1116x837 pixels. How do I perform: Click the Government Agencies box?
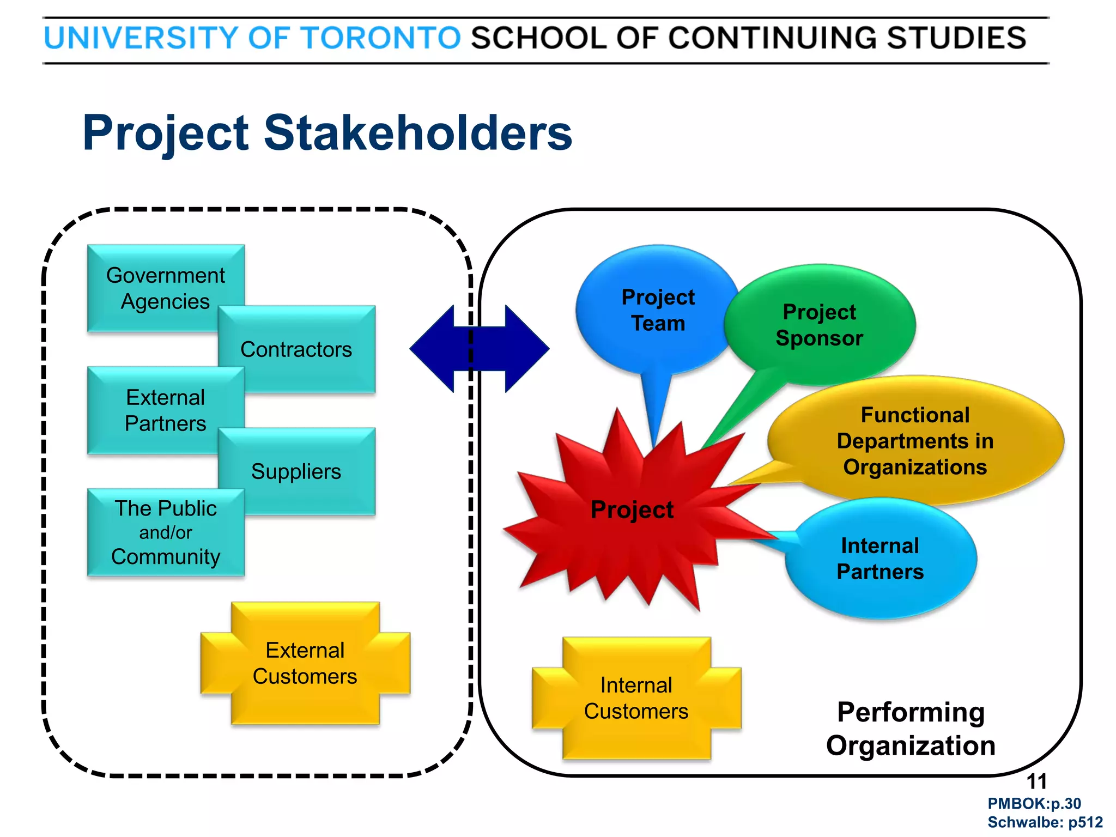point(165,288)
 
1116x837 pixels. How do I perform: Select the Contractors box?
point(297,349)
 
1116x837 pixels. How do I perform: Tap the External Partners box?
point(165,410)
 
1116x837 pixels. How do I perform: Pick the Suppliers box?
point(297,471)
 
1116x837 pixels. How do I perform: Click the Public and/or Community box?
point(166,532)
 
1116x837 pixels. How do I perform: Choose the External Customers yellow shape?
point(305,663)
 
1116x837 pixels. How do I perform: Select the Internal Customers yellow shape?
point(636,698)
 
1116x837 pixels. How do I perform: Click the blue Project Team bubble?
point(658,310)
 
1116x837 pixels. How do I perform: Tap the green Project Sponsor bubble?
point(820,325)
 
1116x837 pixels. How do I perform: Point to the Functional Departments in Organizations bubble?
point(915,441)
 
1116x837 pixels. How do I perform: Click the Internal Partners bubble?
point(881,559)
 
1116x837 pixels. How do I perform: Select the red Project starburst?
point(632,510)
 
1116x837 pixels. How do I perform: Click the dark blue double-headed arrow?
point(480,349)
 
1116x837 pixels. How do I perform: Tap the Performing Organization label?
point(911,729)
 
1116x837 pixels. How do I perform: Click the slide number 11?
point(1036,782)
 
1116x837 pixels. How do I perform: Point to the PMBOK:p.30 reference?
point(1034,804)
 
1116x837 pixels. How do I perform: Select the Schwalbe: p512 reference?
point(1045,822)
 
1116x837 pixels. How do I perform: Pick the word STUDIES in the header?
point(956,38)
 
